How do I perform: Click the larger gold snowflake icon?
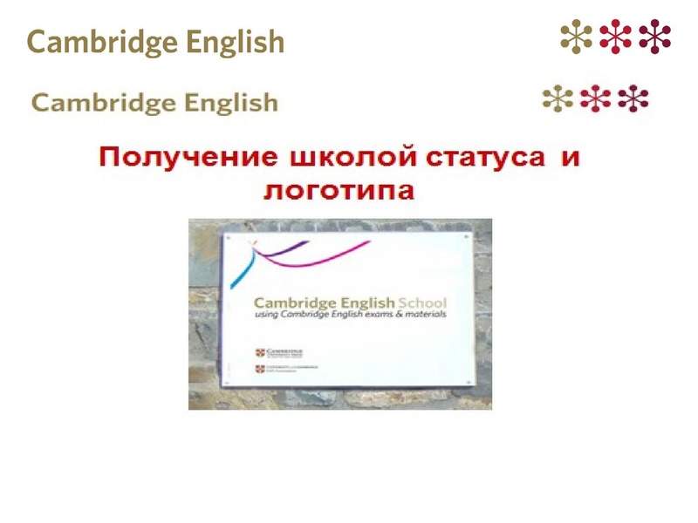click(x=577, y=36)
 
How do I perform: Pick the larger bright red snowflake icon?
click(x=616, y=36)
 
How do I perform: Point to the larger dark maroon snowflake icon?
click(x=654, y=36)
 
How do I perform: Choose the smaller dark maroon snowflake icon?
click(x=633, y=98)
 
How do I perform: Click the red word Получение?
click(x=185, y=160)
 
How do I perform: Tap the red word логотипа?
click(x=339, y=190)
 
